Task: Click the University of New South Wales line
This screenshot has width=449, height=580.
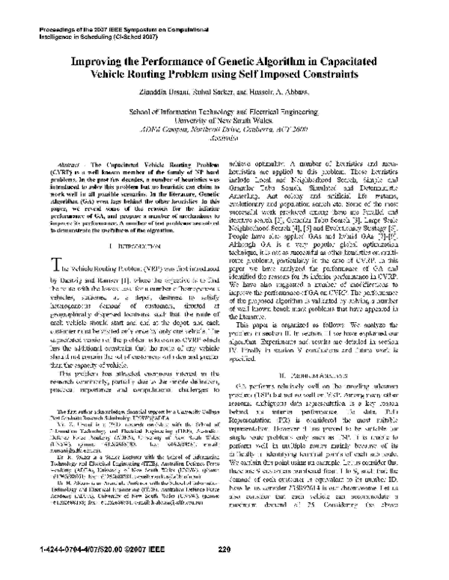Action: pos(224,118)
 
